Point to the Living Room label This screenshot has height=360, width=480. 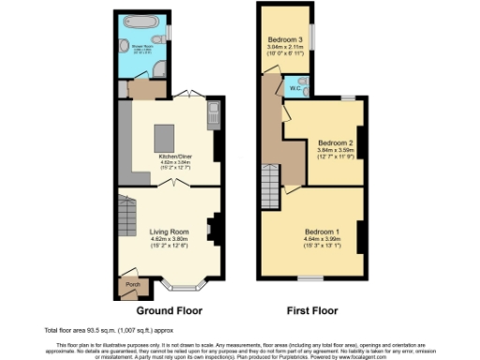click(170, 231)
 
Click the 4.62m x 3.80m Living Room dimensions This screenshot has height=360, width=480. click(170, 239)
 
